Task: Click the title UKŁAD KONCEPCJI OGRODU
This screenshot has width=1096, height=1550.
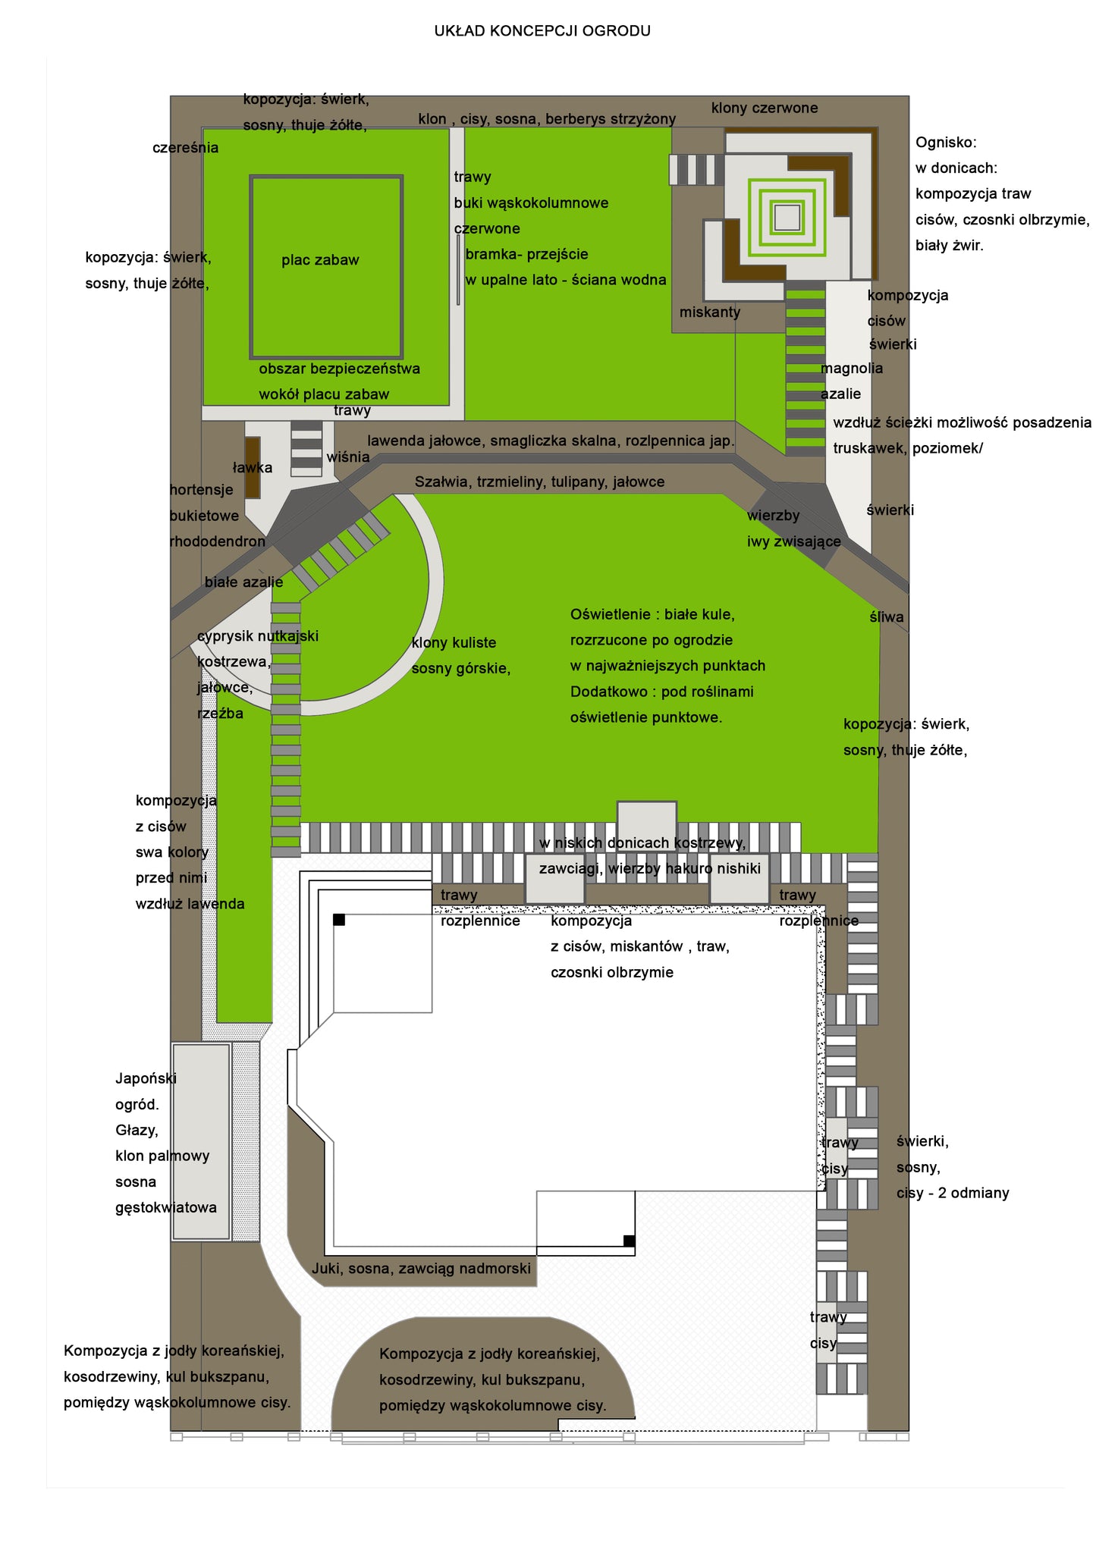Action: tap(542, 31)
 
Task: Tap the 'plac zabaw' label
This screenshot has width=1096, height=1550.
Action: tap(320, 260)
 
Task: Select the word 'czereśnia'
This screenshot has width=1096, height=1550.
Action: tap(185, 148)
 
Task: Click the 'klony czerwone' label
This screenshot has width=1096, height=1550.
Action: tap(765, 108)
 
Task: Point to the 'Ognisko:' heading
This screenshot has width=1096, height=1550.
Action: tap(946, 143)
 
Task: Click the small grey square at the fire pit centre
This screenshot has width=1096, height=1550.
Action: tap(787, 218)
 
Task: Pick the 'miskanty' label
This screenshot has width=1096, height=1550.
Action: tap(710, 312)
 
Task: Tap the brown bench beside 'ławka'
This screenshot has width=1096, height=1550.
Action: tap(253, 467)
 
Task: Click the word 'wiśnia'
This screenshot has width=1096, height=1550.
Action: tap(348, 457)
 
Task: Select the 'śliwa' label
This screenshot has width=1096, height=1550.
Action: tap(887, 617)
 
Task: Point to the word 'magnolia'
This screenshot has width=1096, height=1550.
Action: tap(852, 369)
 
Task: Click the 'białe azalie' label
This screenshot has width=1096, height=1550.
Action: tap(243, 582)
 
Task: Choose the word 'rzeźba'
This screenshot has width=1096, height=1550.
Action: tap(221, 714)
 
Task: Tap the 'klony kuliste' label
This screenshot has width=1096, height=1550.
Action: tap(454, 643)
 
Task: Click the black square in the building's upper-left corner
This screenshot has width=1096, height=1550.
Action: tap(339, 920)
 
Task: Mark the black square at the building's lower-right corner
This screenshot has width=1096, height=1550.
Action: tap(629, 1241)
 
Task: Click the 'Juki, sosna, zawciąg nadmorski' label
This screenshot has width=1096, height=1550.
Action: tap(421, 1269)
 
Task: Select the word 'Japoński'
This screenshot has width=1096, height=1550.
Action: tap(146, 1079)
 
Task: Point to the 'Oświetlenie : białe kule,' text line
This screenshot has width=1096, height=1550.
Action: tap(652, 615)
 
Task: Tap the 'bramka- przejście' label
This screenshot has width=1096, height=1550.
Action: tap(526, 255)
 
